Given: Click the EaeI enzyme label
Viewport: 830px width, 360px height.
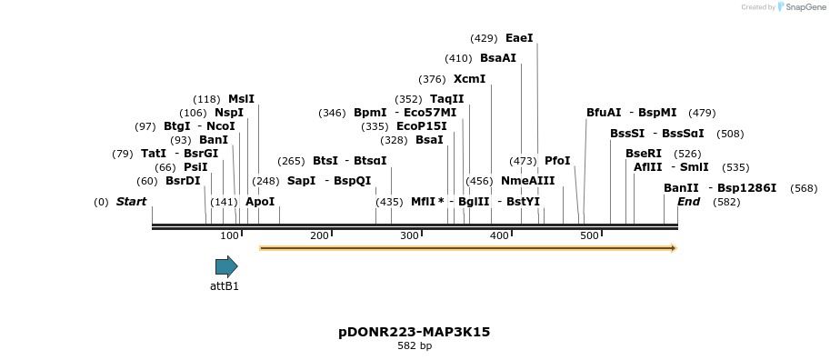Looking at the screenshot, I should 519,38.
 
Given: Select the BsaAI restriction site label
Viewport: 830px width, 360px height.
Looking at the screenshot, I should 498,58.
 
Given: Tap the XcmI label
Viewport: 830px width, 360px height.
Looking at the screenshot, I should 469,79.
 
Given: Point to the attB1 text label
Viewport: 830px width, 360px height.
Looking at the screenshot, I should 225,285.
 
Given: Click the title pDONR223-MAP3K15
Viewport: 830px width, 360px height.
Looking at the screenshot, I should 414,332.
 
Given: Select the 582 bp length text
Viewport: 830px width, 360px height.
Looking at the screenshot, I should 415,345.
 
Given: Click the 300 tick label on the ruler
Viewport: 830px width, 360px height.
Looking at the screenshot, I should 409,236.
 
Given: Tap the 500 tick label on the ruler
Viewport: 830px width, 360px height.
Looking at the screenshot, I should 589,236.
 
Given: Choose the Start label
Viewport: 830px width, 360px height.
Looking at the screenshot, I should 131,202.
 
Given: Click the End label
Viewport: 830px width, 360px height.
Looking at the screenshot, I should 688,202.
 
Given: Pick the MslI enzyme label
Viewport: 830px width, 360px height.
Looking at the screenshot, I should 241,99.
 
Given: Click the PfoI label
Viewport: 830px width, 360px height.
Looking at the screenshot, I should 557,161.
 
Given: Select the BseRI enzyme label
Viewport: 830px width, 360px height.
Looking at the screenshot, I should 644,154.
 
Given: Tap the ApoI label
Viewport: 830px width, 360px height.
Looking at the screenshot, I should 260,202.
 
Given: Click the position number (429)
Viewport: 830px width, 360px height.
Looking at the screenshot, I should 484,38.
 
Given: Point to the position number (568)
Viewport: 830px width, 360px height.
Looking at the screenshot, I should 804,188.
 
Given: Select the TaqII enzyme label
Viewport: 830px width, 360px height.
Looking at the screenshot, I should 446,99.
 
